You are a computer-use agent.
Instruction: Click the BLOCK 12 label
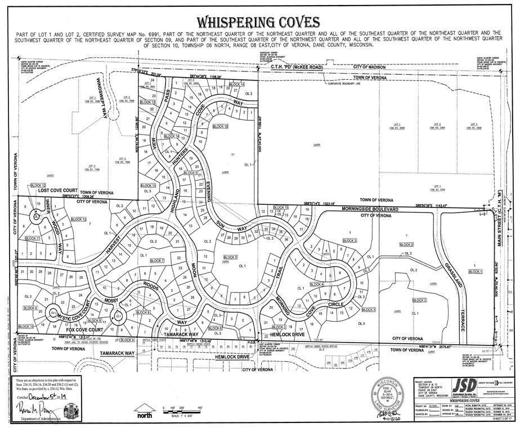coord(38,185)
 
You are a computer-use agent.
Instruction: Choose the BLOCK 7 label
coord(156,261)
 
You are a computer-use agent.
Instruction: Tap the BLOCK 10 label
coord(26,326)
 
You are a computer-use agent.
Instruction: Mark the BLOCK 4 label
coord(317,284)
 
